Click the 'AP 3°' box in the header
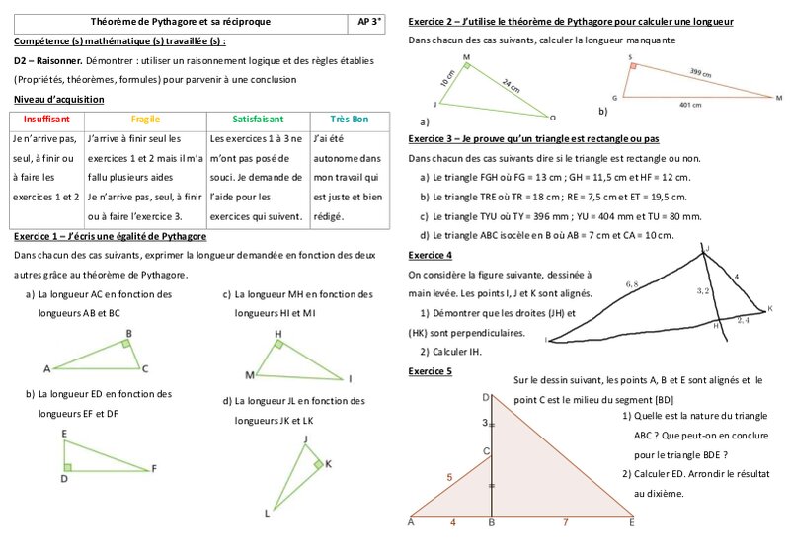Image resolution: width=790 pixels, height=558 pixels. coord(370,21)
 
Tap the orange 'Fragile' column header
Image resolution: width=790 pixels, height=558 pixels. coord(145,119)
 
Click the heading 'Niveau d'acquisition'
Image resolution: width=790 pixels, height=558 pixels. coord(58,100)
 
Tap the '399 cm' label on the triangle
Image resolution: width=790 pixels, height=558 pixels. coord(700,72)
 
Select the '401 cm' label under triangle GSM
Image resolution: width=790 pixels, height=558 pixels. coord(691,104)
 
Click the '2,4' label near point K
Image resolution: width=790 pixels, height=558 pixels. coord(744,320)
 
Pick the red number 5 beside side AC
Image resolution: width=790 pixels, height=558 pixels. coord(449,477)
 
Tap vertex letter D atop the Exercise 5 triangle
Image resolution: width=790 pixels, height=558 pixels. coord(486,397)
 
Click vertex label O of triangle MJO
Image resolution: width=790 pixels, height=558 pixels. coord(553,117)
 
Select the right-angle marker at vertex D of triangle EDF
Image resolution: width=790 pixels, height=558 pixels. coord(66,467)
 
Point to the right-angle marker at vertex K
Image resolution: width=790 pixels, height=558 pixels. coord(317,464)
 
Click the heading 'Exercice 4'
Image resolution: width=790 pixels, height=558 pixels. coord(430,255)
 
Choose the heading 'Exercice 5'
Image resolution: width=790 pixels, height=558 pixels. coord(430,371)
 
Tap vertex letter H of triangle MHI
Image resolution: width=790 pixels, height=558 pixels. coord(278,334)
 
